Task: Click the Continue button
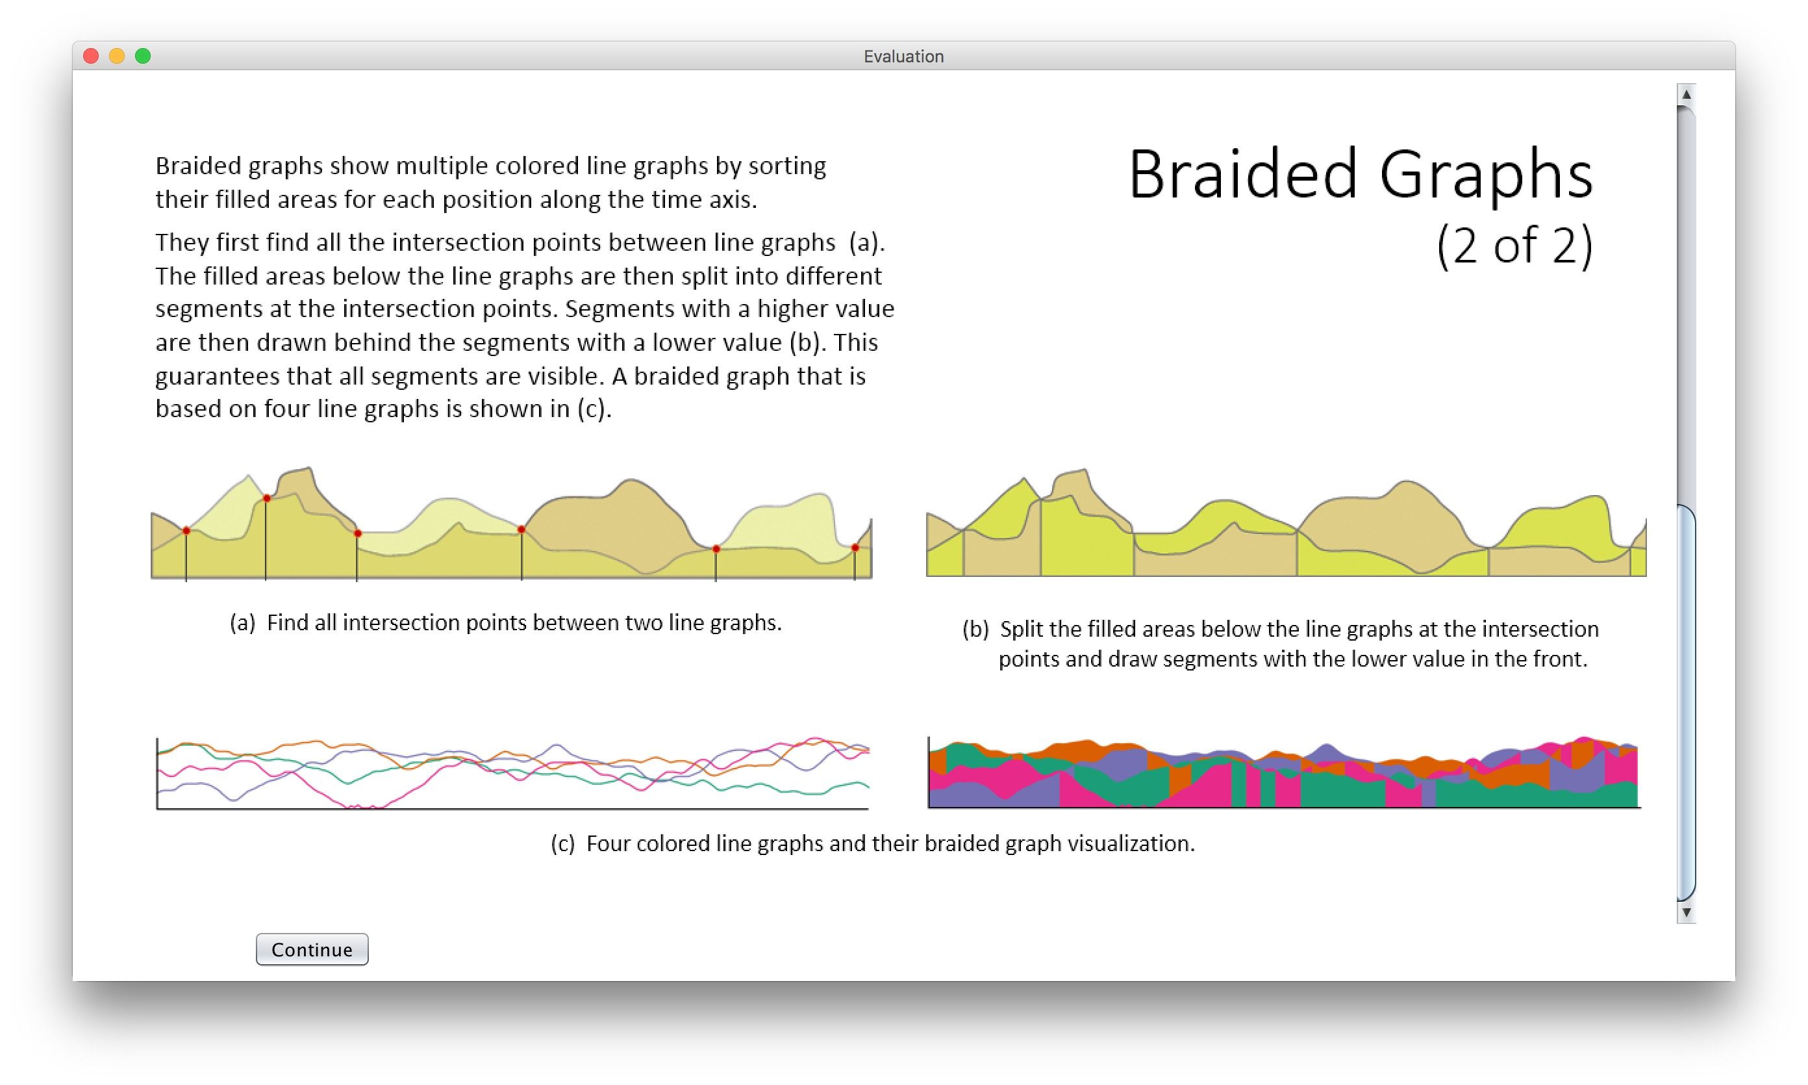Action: click(x=312, y=949)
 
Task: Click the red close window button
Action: click(x=92, y=56)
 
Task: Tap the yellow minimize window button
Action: click(x=117, y=56)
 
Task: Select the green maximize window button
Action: click(x=144, y=56)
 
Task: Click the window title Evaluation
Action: click(x=903, y=57)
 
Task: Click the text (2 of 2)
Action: click(x=1514, y=245)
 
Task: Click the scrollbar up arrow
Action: click(x=1686, y=94)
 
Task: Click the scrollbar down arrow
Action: click(x=1686, y=912)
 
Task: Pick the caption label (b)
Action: click(x=975, y=630)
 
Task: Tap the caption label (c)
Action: click(x=562, y=844)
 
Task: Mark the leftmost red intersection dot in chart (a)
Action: click(x=186, y=531)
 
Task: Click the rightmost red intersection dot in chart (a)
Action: click(x=855, y=548)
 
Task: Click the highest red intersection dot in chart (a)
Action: click(x=267, y=498)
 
